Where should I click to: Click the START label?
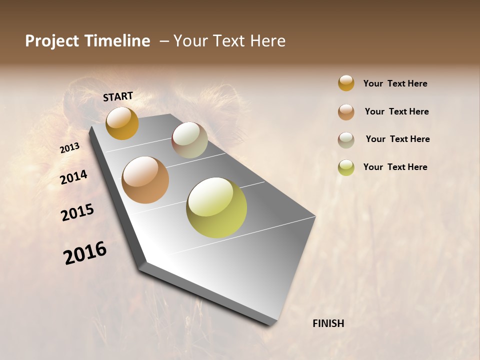point(118,96)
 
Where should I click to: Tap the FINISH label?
point(328,323)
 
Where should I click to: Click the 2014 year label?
point(74,177)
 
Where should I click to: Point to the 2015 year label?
point(77,212)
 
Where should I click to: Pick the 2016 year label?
point(85,252)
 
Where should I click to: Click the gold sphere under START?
point(122,123)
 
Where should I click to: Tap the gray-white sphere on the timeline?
point(189,140)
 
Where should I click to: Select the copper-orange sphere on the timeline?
point(145,180)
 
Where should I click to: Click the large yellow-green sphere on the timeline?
point(216,207)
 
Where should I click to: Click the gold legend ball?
point(346,83)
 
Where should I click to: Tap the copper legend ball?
point(346,112)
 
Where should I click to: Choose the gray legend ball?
point(346,140)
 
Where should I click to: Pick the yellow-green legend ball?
point(346,167)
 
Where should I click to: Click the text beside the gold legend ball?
point(395,83)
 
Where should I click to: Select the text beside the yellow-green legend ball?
point(395,167)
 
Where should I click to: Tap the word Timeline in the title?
point(118,41)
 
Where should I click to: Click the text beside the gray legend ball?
point(397,139)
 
